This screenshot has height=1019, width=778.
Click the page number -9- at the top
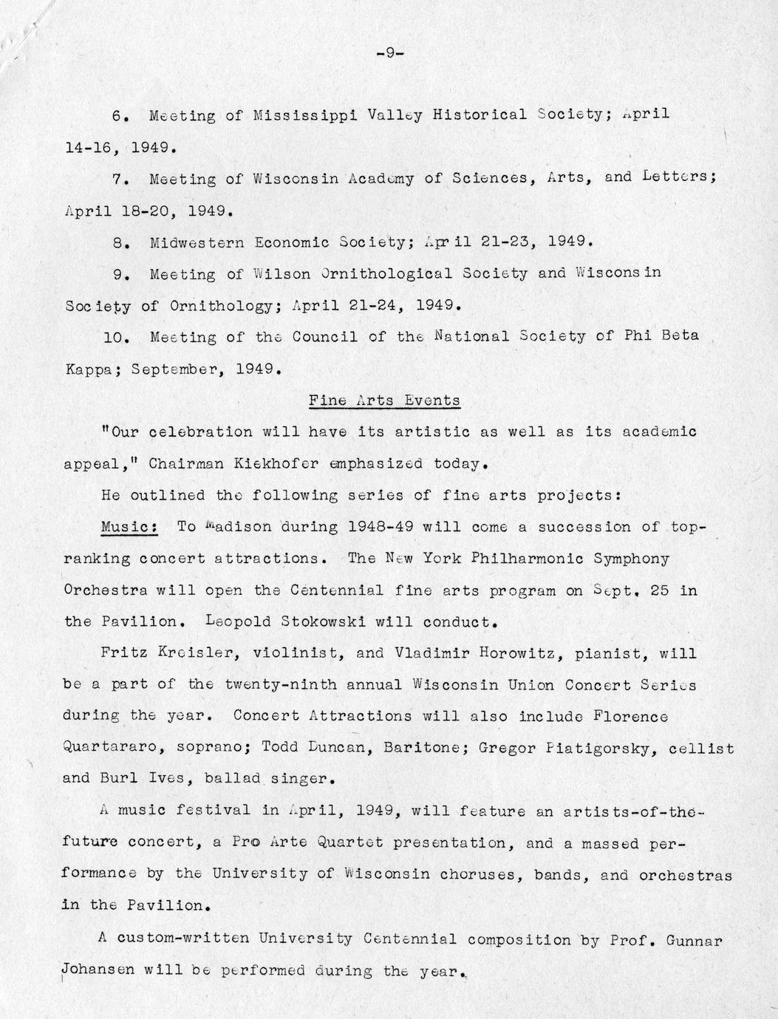click(x=388, y=52)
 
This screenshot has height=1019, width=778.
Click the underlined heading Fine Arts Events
click(x=384, y=401)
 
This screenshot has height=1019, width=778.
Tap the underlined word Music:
click(x=129, y=527)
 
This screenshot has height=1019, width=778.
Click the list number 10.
click(x=118, y=337)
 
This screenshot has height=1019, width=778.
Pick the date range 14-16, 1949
click(x=120, y=147)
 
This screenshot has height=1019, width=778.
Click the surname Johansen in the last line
click(x=98, y=970)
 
